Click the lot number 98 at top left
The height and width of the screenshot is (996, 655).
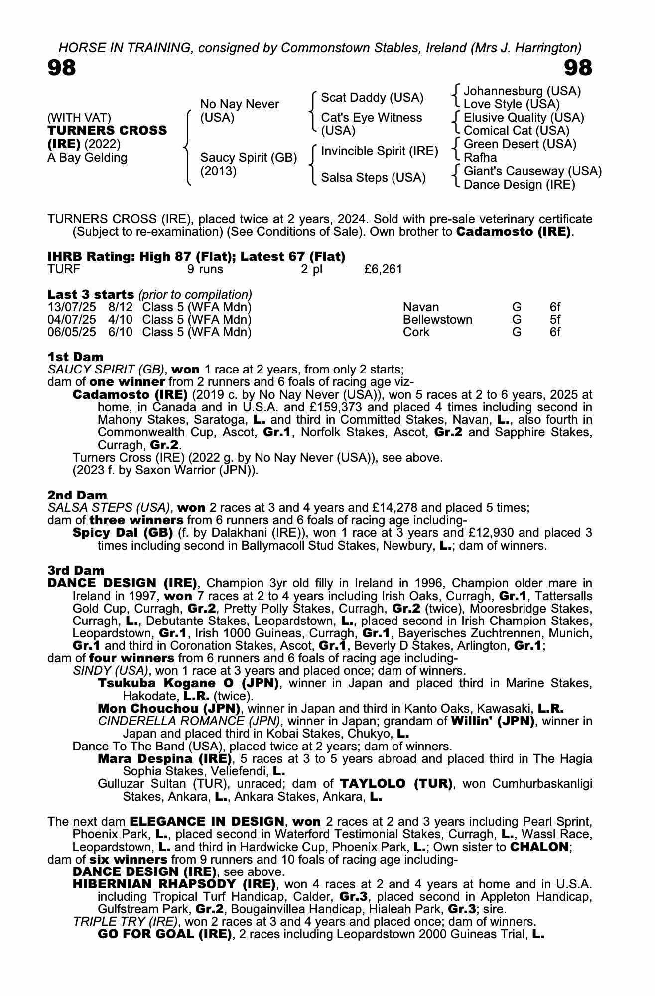click(x=62, y=68)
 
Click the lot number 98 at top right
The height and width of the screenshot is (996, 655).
click(x=578, y=68)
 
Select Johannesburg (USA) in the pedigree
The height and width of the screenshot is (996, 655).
click(x=522, y=91)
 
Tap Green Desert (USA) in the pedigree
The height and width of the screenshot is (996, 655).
click(x=520, y=144)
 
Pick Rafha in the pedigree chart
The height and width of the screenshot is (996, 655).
click(x=480, y=158)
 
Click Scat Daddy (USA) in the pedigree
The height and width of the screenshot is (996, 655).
click(x=372, y=98)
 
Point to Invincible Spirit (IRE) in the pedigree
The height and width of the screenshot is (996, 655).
click(x=380, y=151)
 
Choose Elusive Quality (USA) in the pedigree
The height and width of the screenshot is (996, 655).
click(x=524, y=118)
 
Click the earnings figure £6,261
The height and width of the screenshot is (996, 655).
click(x=383, y=269)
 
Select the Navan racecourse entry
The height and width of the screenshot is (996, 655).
click(x=421, y=307)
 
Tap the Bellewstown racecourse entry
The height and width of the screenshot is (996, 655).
click(x=437, y=320)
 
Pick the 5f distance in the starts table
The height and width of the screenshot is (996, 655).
click(x=555, y=320)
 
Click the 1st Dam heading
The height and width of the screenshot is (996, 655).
click(x=76, y=357)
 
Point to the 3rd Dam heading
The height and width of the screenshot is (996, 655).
click(x=76, y=570)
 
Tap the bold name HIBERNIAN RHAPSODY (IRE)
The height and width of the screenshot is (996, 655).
click(x=174, y=884)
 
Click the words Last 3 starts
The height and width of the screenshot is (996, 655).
click(x=91, y=294)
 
